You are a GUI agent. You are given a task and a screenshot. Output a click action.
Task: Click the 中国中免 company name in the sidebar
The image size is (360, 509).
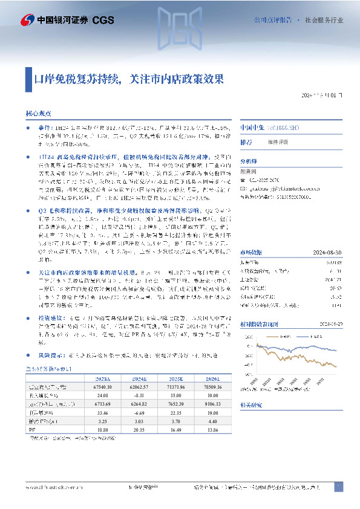[250, 128]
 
